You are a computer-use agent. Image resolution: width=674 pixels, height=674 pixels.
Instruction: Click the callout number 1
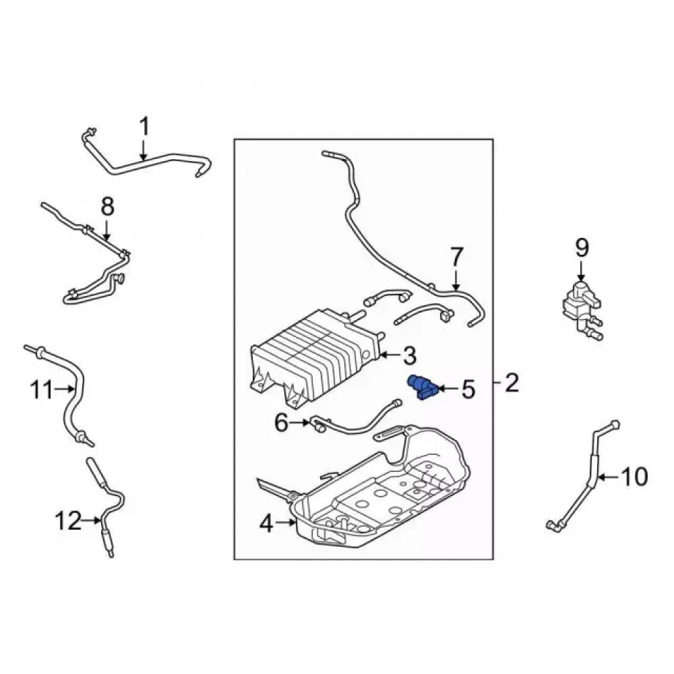coord(144,127)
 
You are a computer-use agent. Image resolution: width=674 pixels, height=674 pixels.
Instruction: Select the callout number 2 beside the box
coord(512,383)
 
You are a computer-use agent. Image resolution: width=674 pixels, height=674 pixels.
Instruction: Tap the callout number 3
coord(409,355)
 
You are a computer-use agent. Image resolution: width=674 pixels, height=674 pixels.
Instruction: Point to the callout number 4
coord(266,524)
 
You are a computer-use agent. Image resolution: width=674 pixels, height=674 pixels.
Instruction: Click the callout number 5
coord(468,389)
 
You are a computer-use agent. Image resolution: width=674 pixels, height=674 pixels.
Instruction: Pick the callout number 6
coord(281,423)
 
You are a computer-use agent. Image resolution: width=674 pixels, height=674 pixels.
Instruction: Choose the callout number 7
coord(456,257)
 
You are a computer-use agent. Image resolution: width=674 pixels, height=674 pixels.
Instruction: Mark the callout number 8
coord(107,206)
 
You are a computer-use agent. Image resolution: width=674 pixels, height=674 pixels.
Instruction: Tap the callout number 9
coord(582,249)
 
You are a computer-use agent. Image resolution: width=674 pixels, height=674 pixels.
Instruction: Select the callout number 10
coord(634,477)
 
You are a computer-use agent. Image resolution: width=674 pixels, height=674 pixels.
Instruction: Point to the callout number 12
coord(68,520)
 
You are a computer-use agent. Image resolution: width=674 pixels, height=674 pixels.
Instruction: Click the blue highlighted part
coord(422,386)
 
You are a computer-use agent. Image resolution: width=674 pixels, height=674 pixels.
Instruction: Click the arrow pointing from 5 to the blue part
coord(448,389)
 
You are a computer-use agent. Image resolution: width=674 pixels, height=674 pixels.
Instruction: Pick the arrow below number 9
coord(581,272)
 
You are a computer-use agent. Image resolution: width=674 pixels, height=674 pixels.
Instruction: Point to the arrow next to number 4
coord(285,523)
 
